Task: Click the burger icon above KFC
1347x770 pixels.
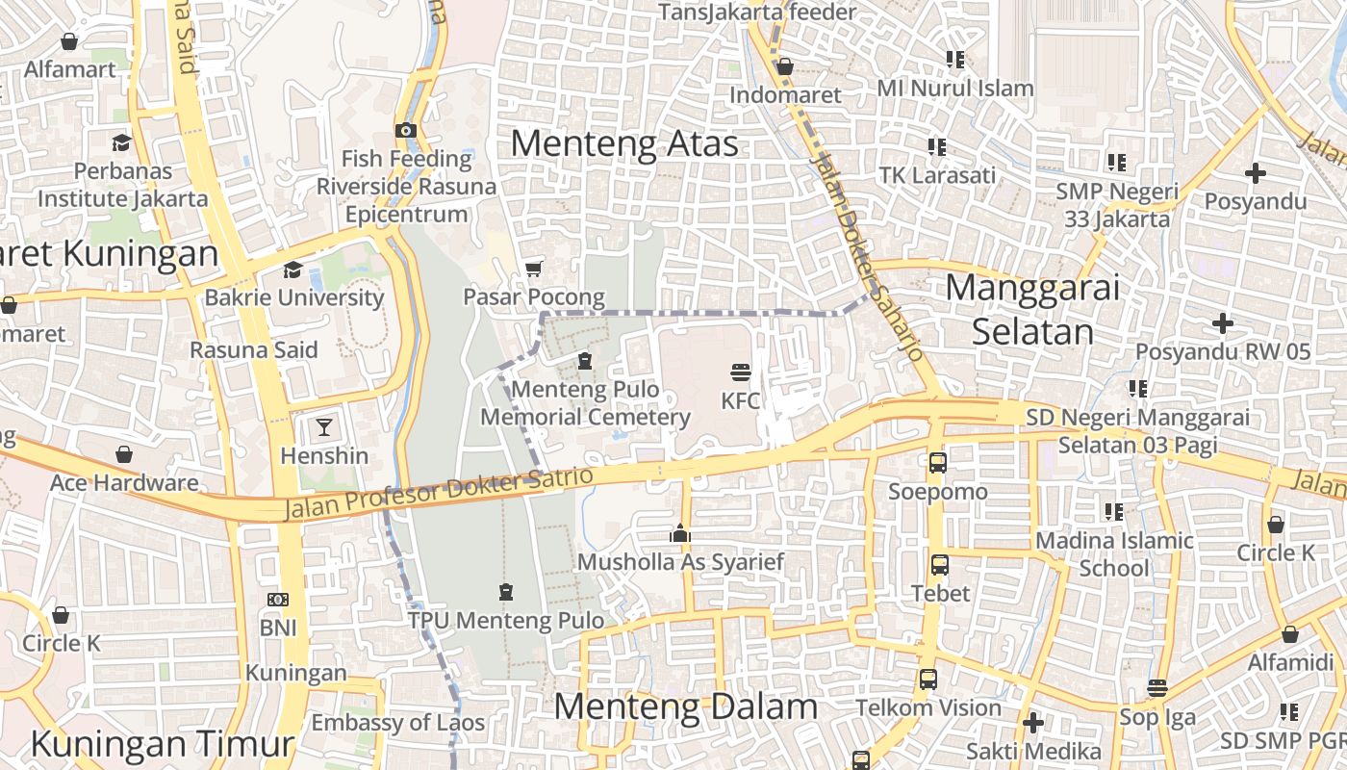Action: pyautogui.click(x=740, y=372)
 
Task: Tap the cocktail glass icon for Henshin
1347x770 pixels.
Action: pyautogui.click(x=324, y=426)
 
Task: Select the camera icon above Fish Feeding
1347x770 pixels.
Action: pyautogui.click(x=406, y=130)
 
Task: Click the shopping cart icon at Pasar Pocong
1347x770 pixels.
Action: pyautogui.click(x=533, y=268)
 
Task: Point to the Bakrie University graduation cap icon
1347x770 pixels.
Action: pyautogui.click(x=292, y=269)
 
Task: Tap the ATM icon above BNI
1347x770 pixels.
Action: pyautogui.click(x=277, y=600)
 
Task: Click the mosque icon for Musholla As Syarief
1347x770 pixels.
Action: pyautogui.click(x=680, y=533)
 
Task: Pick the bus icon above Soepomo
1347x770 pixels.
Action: pyautogui.click(x=937, y=463)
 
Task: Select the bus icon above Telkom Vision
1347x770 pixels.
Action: pyautogui.click(x=928, y=679)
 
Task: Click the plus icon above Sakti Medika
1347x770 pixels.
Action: pyautogui.click(x=1033, y=722)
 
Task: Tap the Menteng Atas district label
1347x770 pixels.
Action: pyautogui.click(x=624, y=143)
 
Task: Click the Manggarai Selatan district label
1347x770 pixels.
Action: pyautogui.click(x=1032, y=309)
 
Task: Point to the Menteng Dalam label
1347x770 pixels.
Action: pyautogui.click(x=685, y=706)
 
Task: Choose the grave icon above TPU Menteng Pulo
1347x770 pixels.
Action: pyautogui.click(x=506, y=591)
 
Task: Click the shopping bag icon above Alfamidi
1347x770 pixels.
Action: pyautogui.click(x=1289, y=634)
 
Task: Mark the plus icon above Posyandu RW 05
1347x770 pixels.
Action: pyautogui.click(x=1222, y=322)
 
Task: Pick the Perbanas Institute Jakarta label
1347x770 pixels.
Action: pyautogui.click(x=122, y=185)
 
